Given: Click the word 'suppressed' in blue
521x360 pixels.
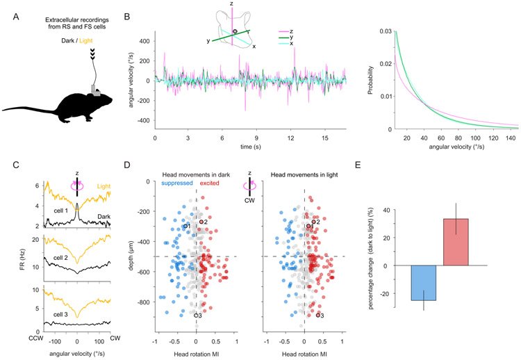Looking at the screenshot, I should tap(176, 202).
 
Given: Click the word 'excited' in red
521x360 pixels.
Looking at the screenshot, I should tap(211, 202).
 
